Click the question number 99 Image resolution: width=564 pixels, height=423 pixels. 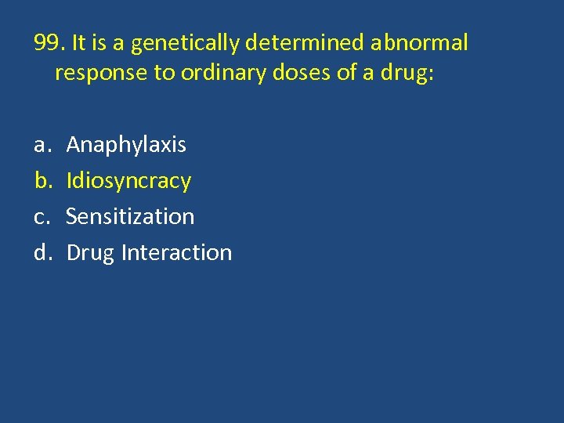[48, 42]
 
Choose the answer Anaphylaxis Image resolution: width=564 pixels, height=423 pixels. [126, 145]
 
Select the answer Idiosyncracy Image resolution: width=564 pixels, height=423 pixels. [128, 181]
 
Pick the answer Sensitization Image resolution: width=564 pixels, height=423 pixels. [130, 216]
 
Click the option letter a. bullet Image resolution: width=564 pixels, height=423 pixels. [42, 145]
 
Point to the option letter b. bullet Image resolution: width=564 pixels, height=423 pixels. [42, 180]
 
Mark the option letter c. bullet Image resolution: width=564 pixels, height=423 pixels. [41, 216]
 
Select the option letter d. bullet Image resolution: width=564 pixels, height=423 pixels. [42, 252]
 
